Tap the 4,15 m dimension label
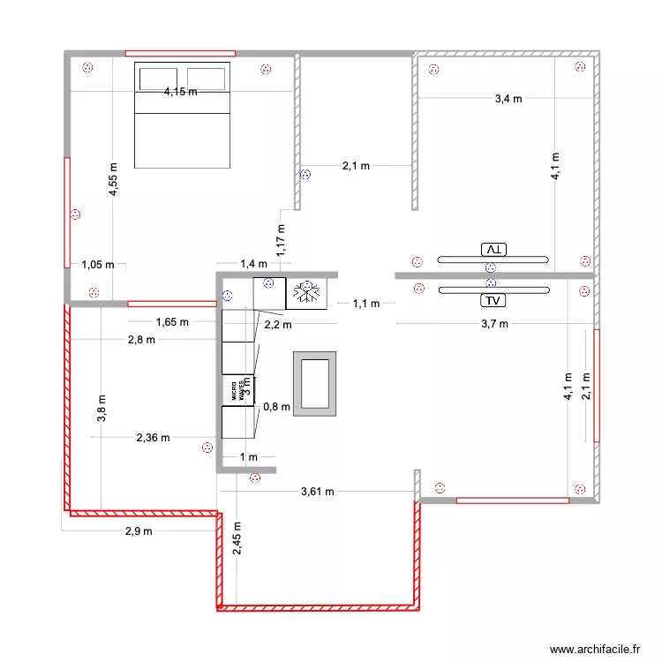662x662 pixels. tap(180, 91)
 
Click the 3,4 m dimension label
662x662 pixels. tap(508, 99)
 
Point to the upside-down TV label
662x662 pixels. tap(491, 250)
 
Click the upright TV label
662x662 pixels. tap(491, 300)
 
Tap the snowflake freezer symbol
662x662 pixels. tap(307, 293)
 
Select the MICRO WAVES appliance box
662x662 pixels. tap(237, 390)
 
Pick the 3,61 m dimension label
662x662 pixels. tap(317, 492)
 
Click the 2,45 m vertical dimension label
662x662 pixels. tap(237, 539)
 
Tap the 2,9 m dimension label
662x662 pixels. tap(138, 530)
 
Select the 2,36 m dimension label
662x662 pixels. tap(153, 436)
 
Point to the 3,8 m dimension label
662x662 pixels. tap(103, 410)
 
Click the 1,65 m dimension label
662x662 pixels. tap(172, 322)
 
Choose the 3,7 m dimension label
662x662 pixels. tap(494, 324)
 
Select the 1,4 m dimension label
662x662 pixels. tap(253, 263)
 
